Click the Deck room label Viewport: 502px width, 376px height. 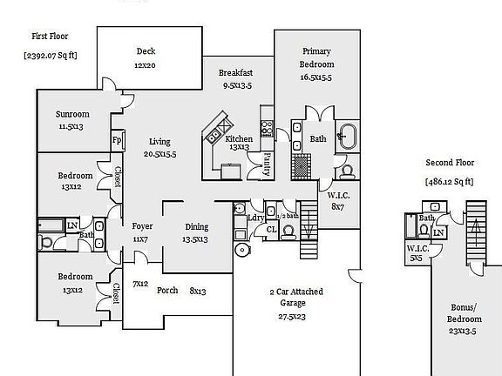[x=146, y=51]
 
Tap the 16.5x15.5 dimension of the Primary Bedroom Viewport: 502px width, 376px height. [x=316, y=77]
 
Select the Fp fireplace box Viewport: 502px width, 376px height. [x=118, y=140]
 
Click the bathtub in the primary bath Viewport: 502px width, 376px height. [x=348, y=137]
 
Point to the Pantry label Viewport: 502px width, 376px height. [x=267, y=164]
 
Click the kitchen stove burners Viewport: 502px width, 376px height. [x=267, y=128]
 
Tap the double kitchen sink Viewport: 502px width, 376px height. [x=213, y=137]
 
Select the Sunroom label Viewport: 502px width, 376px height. [x=72, y=114]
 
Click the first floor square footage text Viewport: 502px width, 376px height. [x=51, y=56]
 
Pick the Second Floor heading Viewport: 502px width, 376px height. [x=450, y=163]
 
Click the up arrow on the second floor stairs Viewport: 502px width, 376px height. [x=476, y=232]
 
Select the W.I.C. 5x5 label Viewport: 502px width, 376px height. [x=417, y=253]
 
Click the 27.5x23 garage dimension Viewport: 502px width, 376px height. [x=292, y=317]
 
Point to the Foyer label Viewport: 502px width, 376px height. [x=142, y=226]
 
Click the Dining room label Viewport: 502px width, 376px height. [x=197, y=227]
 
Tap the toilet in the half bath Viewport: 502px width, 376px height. [x=288, y=232]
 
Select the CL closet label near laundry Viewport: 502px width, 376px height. [x=272, y=229]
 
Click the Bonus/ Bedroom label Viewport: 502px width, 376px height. [x=464, y=313]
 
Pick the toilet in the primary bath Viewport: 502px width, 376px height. [x=348, y=172]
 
